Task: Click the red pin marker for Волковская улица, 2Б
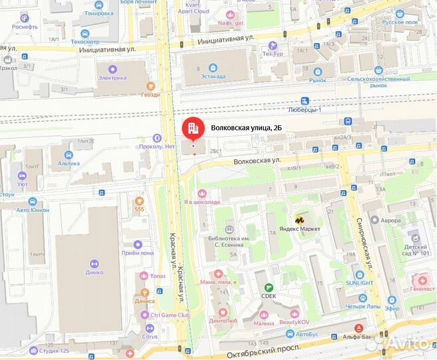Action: (x=193, y=127)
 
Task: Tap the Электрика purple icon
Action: (x=112, y=67)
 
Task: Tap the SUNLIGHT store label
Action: (x=359, y=282)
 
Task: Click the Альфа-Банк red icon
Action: (x=360, y=328)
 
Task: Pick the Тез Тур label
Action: (x=270, y=53)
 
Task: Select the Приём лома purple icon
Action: (x=139, y=245)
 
